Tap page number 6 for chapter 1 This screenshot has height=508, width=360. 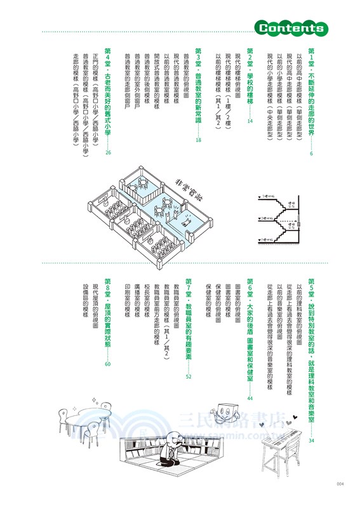pyautogui.click(x=311, y=154)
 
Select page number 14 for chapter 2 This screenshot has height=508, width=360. pyautogui.click(x=250, y=121)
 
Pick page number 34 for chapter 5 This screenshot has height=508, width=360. pyautogui.click(x=311, y=439)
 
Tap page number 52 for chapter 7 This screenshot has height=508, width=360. pyautogui.click(x=189, y=377)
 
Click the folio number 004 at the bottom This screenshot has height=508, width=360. pyautogui.click(x=340, y=484)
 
